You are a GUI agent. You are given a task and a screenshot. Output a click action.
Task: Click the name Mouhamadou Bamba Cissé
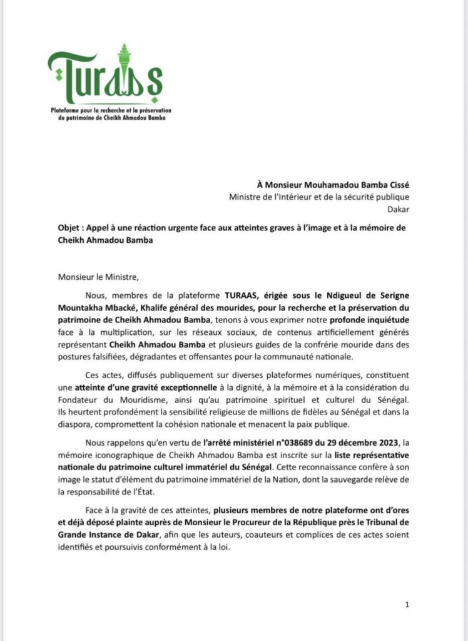[354, 184]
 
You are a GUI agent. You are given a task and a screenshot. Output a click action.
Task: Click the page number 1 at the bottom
[407, 604]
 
